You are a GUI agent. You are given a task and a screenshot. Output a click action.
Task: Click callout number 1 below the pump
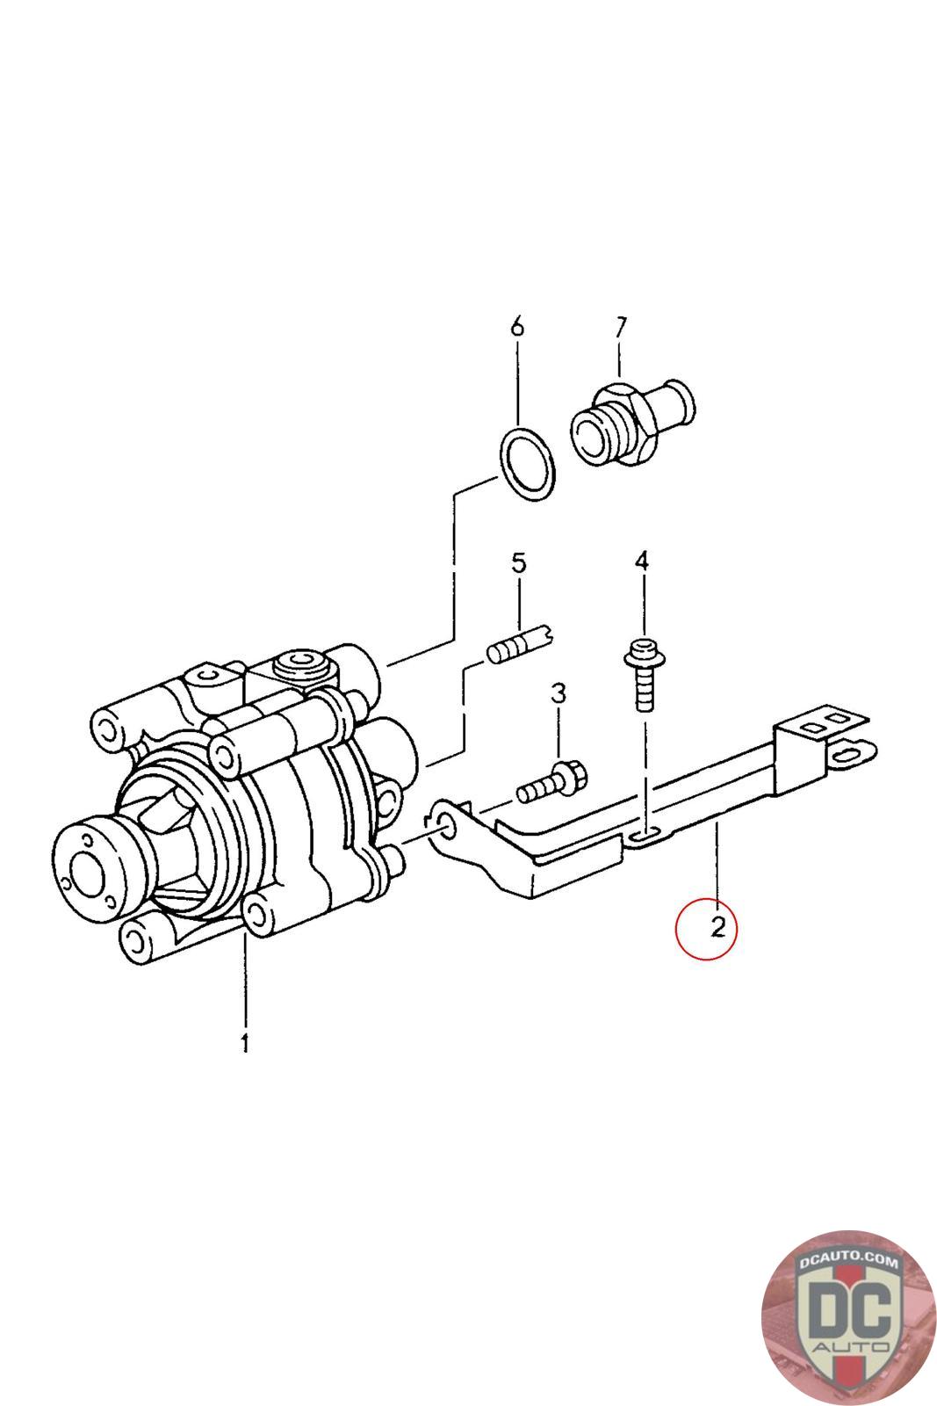pyautogui.click(x=245, y=1043)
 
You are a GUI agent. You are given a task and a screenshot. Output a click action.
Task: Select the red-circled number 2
pyautogui.click(x=718, y=926)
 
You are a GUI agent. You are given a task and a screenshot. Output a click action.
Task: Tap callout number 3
pyautogui.click(x=559, y=694)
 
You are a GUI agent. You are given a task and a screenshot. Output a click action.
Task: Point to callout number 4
pyautogui.click(x=643, y=561)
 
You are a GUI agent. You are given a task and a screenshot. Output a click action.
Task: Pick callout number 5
pyautogui.click(x=519, y=562)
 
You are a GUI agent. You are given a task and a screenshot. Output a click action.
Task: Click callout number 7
pyautogui.click(x=620, y=327)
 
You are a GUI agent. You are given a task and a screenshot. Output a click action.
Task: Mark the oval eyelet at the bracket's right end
pyautogui.click(x=851, y=752)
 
